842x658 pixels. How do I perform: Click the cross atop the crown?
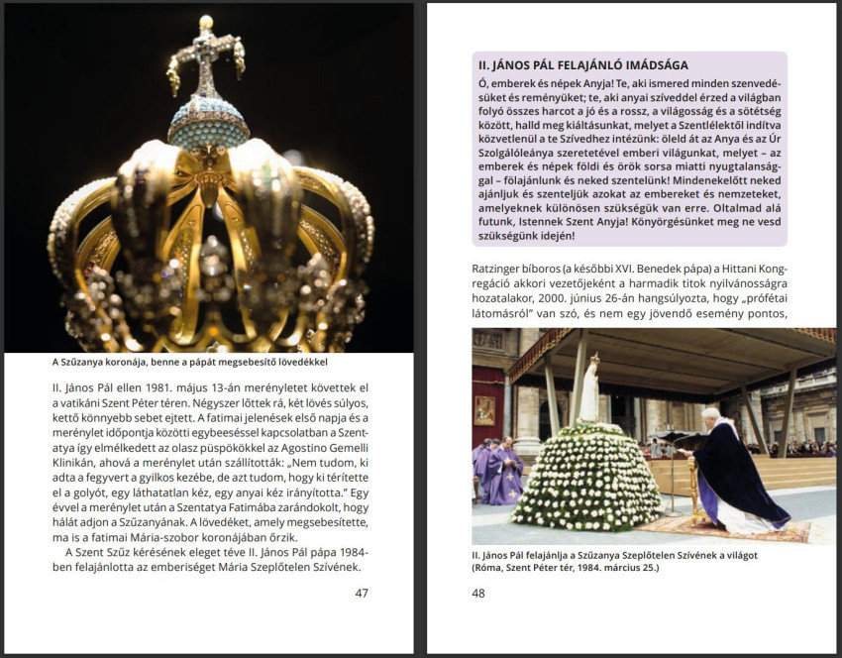(x=206, y=55)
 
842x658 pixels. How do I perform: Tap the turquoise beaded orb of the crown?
(x=208, y=124)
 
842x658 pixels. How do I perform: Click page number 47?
(x=361, y=593)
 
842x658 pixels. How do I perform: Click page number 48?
(x=479, y=593)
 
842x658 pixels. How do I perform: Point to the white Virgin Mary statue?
(x=589, y=390)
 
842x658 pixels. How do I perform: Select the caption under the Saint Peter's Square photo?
(x=614, y=561)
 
